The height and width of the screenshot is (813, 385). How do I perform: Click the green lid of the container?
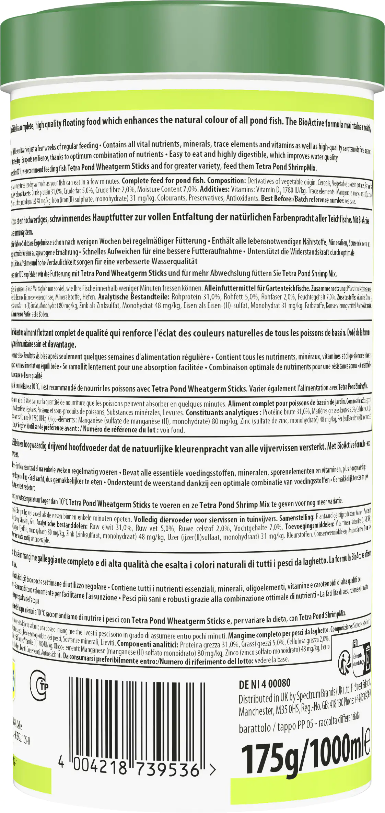[x=192, y=52]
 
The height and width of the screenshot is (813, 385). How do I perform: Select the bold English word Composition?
[x=226, y=181]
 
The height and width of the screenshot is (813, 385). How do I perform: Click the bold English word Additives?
[x=214, y=189]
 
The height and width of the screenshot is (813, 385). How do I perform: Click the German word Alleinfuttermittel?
[x=229, y=288]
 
